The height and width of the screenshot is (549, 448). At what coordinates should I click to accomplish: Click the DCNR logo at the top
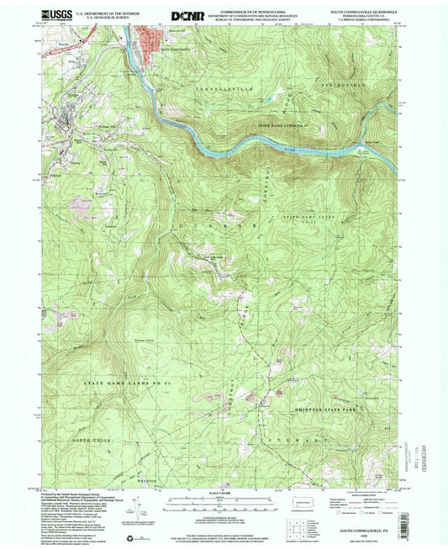coord(187,15)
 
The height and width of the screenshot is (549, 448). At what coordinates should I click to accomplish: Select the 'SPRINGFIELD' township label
coord(342,86)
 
